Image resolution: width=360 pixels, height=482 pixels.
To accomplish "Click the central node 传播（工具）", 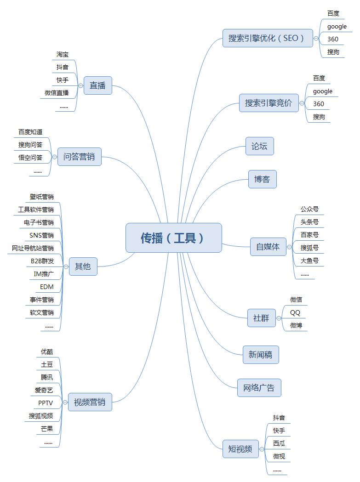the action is point(173,238).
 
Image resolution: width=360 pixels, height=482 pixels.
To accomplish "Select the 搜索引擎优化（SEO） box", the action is point(268,38).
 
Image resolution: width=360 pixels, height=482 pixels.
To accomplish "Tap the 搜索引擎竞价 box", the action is point(269,103).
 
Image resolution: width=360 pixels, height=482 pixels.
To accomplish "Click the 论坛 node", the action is point(259,146).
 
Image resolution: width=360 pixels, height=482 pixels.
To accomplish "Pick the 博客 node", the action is point(262,179).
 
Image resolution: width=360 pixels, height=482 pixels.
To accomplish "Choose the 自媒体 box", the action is point(268,247).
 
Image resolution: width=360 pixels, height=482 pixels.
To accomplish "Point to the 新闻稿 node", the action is point(261,355).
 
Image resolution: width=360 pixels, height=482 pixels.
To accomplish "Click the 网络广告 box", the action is point(259,388).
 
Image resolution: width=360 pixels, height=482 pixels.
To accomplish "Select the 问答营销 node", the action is point(80,157).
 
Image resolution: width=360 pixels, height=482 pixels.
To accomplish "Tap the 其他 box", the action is point(83,267).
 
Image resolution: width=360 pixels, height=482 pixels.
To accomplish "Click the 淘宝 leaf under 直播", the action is point(63,54).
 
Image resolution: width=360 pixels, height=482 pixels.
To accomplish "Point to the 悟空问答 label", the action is point(30,158).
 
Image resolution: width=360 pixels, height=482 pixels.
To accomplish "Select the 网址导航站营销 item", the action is point(33,248).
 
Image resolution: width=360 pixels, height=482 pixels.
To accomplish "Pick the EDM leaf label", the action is point(47,287).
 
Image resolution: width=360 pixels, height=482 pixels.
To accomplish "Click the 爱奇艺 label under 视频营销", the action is point(44,390).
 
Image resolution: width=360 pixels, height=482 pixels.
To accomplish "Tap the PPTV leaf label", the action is point(46,403).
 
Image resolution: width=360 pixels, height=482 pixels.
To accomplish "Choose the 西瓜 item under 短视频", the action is point(279,443).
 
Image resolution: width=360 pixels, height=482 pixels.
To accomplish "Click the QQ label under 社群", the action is point(295,312).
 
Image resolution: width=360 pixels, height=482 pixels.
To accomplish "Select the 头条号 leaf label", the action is point(309,222).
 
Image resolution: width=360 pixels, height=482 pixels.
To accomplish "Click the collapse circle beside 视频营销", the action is point(65,402).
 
